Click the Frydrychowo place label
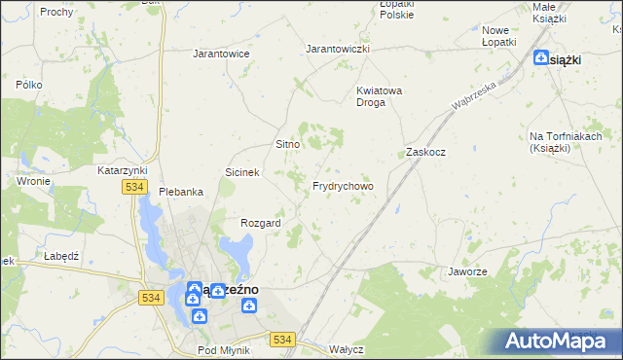pyautogui.click(x=343, y=186)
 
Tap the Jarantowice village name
pyautogui.click(x=222, y=54)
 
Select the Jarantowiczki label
pyautogui.click(x=338, y=49)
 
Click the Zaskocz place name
pyautogui.click(x=425, y=153)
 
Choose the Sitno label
pyautogui.click(x=287, y=144)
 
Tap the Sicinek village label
pyautogui.click(x=242, y=172)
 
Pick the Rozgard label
pyautogui.click(x=261, y=223)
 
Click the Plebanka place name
pyautogui.click(x=181, y=192)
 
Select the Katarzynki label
pyautogui.click(x=122, y=170)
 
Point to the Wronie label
pyautogui.click(x=33, y=181)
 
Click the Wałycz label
pyautogui.click(x=346, y=348)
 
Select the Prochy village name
pyautogui.click(x=57, y=12)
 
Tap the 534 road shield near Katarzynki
pyautogui.click(x=134, y=187)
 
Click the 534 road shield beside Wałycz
pyautogui.click(x=283, y=339)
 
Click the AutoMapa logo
pyautogui.click(x=559, y=342)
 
